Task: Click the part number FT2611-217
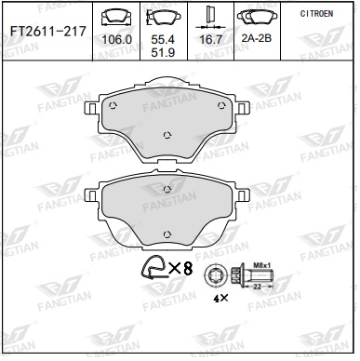(48, 32)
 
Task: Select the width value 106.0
(117, 40)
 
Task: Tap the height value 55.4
(163, 39)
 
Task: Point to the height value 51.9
(163, 52)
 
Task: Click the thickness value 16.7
(211, 39)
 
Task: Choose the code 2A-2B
(257, 38)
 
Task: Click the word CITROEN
(316, 14)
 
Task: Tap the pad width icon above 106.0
(116, 17)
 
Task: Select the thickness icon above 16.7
(211, 17)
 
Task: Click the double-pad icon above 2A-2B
(257, 17)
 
